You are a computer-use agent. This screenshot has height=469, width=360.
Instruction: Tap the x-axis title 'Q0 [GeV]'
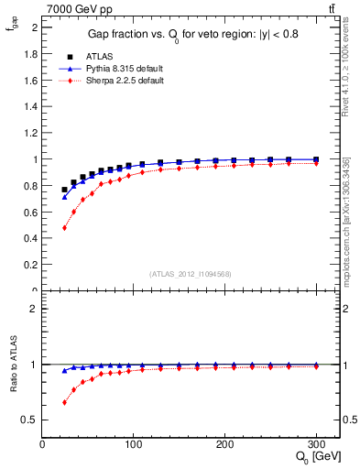tap(316, 457)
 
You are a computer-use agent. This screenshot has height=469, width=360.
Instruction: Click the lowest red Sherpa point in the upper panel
tap(64, 227)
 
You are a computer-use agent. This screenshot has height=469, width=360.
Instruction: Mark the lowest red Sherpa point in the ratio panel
tap(64, 402)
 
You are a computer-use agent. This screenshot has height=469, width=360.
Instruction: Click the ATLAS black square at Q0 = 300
tap(316, 159)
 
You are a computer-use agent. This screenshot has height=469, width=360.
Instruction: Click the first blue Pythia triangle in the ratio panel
tap(64, 371)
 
